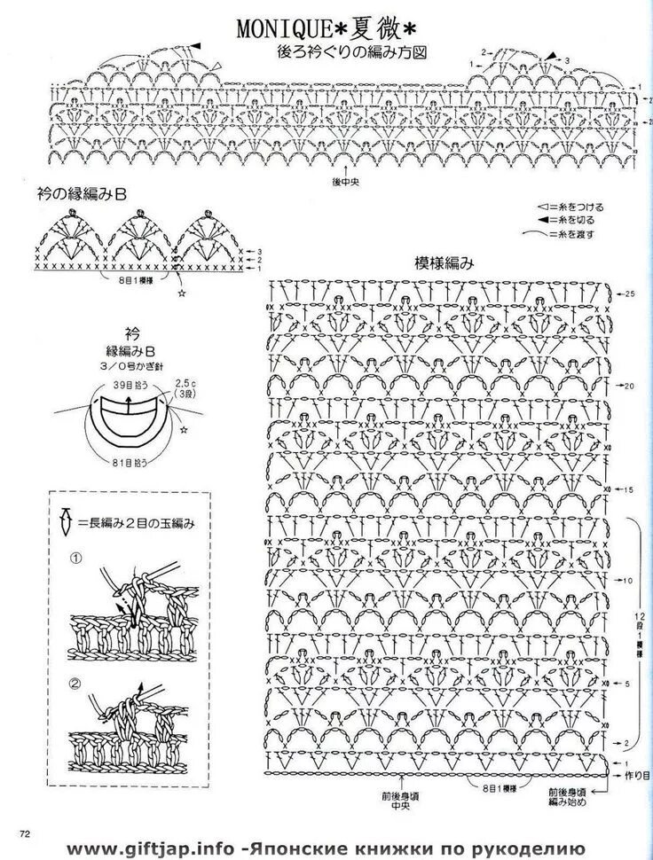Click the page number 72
(25, 833)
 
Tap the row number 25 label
(630, 293)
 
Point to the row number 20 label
(630, 387)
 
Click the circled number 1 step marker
(76, 559)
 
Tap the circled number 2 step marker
(76, 684)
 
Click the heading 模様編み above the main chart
(444, 263)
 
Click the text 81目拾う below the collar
(130, 462)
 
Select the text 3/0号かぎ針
(132, 365)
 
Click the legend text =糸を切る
(572, 218)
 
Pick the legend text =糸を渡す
(572, 234)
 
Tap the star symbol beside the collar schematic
(184, 429)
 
